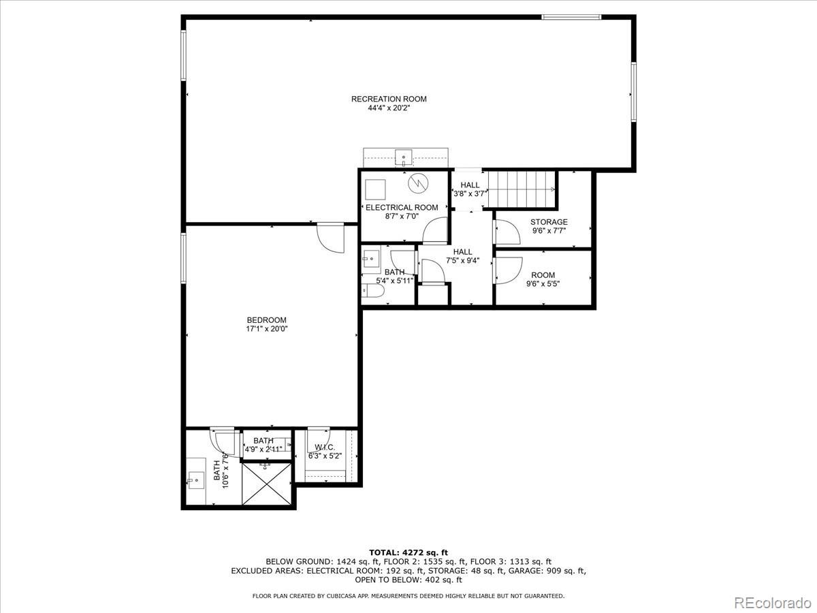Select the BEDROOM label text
(x=266, y=320)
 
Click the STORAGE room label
(x=549, y=222)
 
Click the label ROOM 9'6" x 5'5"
(x=543, y=279)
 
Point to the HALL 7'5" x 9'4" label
(x=462, y=256)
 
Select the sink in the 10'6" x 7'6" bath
(x=196, y=481)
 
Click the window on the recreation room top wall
(x=571, y=16)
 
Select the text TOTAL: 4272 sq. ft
(x=408, y=552)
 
